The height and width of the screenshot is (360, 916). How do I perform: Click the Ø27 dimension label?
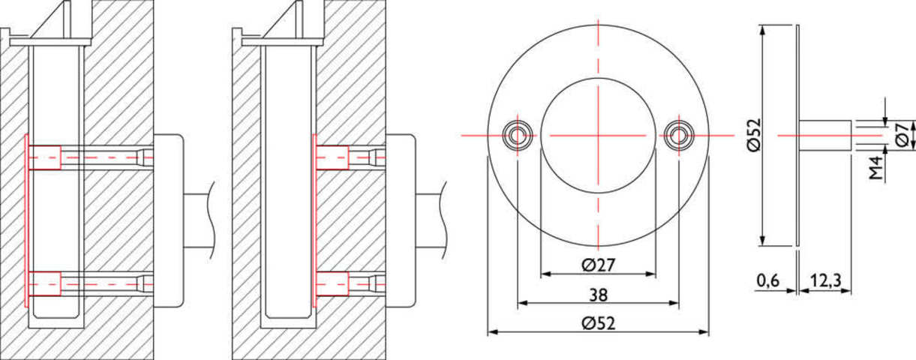pos(598,265)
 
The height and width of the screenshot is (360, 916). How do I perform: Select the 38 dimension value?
pos(598,295)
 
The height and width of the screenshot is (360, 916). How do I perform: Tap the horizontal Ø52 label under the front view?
pos(598,324)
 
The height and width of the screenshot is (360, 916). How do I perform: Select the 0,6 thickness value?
pos(768,280)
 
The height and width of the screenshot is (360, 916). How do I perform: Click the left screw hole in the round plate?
pos(518,135)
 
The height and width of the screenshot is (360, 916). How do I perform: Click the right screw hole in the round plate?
pos(679,135)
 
